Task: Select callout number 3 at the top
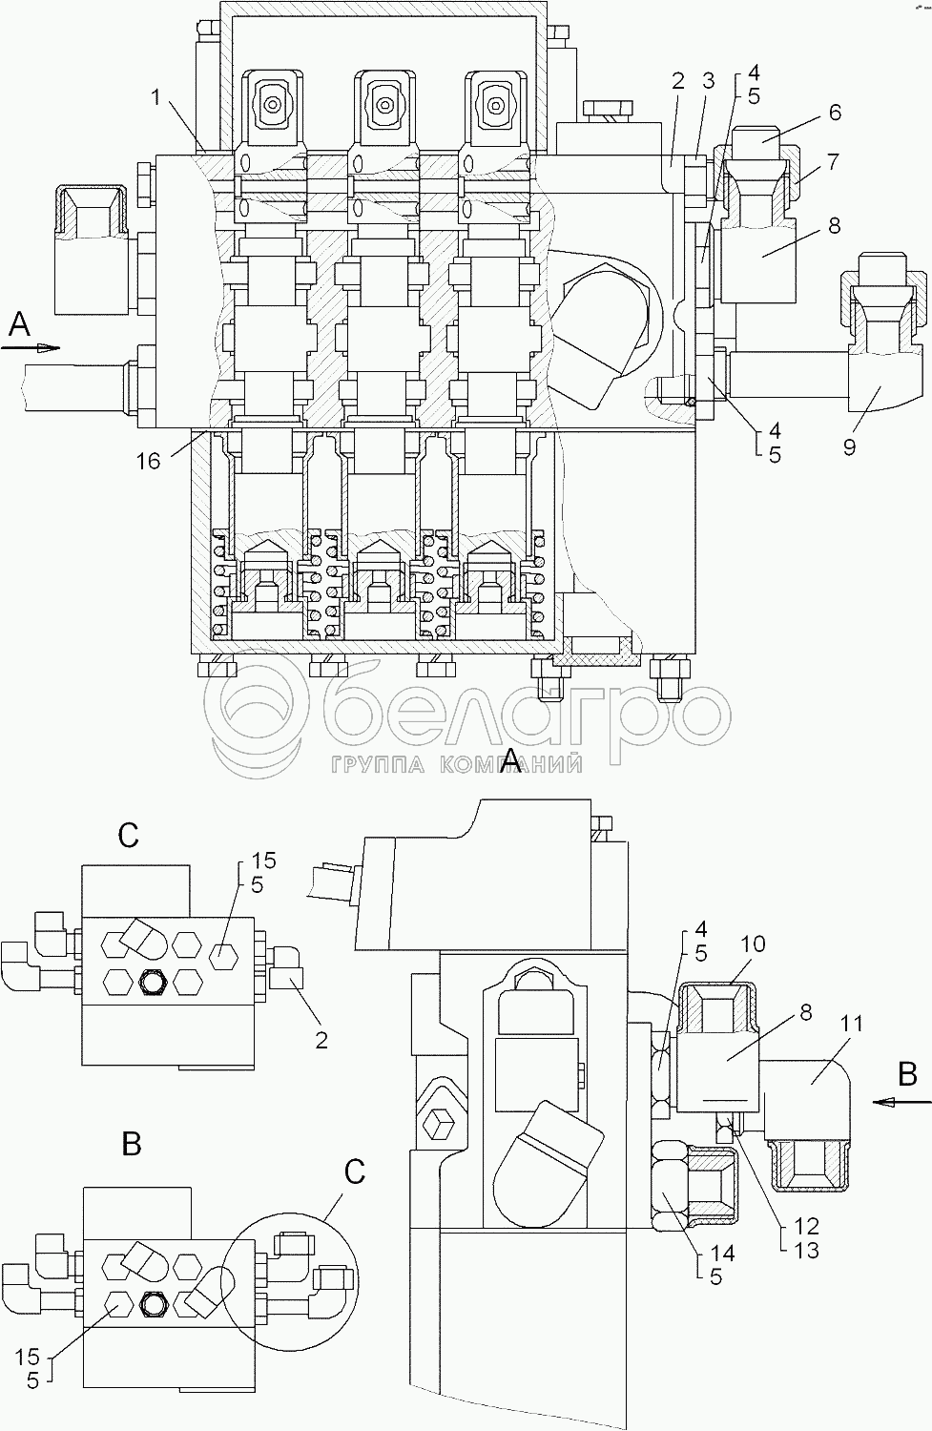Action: pos(707,81)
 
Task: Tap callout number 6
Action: pos(835,112)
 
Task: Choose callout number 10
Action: pos(753,944)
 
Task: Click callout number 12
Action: pos(806,1225)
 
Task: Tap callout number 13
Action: pos(806,1250)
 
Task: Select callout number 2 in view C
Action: pos(321,1040)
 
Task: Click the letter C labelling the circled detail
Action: pos(355,1172)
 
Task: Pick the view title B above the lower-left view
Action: pos(132,1143)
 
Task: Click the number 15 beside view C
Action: pos(263,861)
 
